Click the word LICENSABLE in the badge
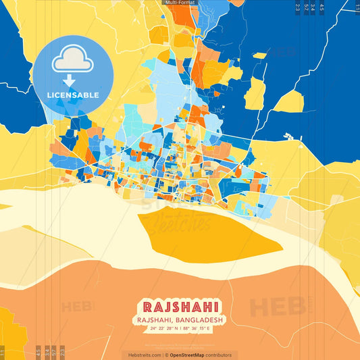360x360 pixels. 74,95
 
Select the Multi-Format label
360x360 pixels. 180,3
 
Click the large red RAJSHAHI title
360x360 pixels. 180,307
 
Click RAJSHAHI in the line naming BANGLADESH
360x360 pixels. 154,319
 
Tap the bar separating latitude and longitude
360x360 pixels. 180,329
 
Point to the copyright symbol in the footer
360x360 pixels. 166,355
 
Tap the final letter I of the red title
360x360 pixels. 215,307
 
